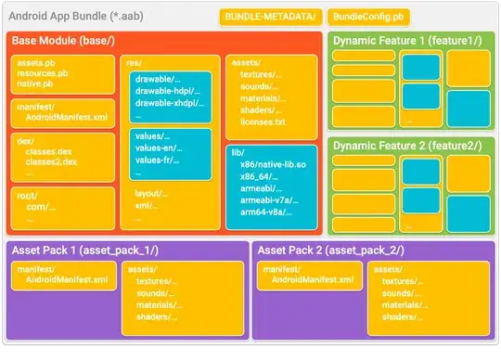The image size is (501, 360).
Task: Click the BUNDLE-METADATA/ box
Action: [269, 17]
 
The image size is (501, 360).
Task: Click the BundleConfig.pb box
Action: [368, 17]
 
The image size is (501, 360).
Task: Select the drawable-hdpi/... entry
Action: [172, 95]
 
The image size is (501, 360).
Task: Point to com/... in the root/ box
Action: [40, 207]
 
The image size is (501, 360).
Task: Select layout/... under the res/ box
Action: [151, 193]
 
